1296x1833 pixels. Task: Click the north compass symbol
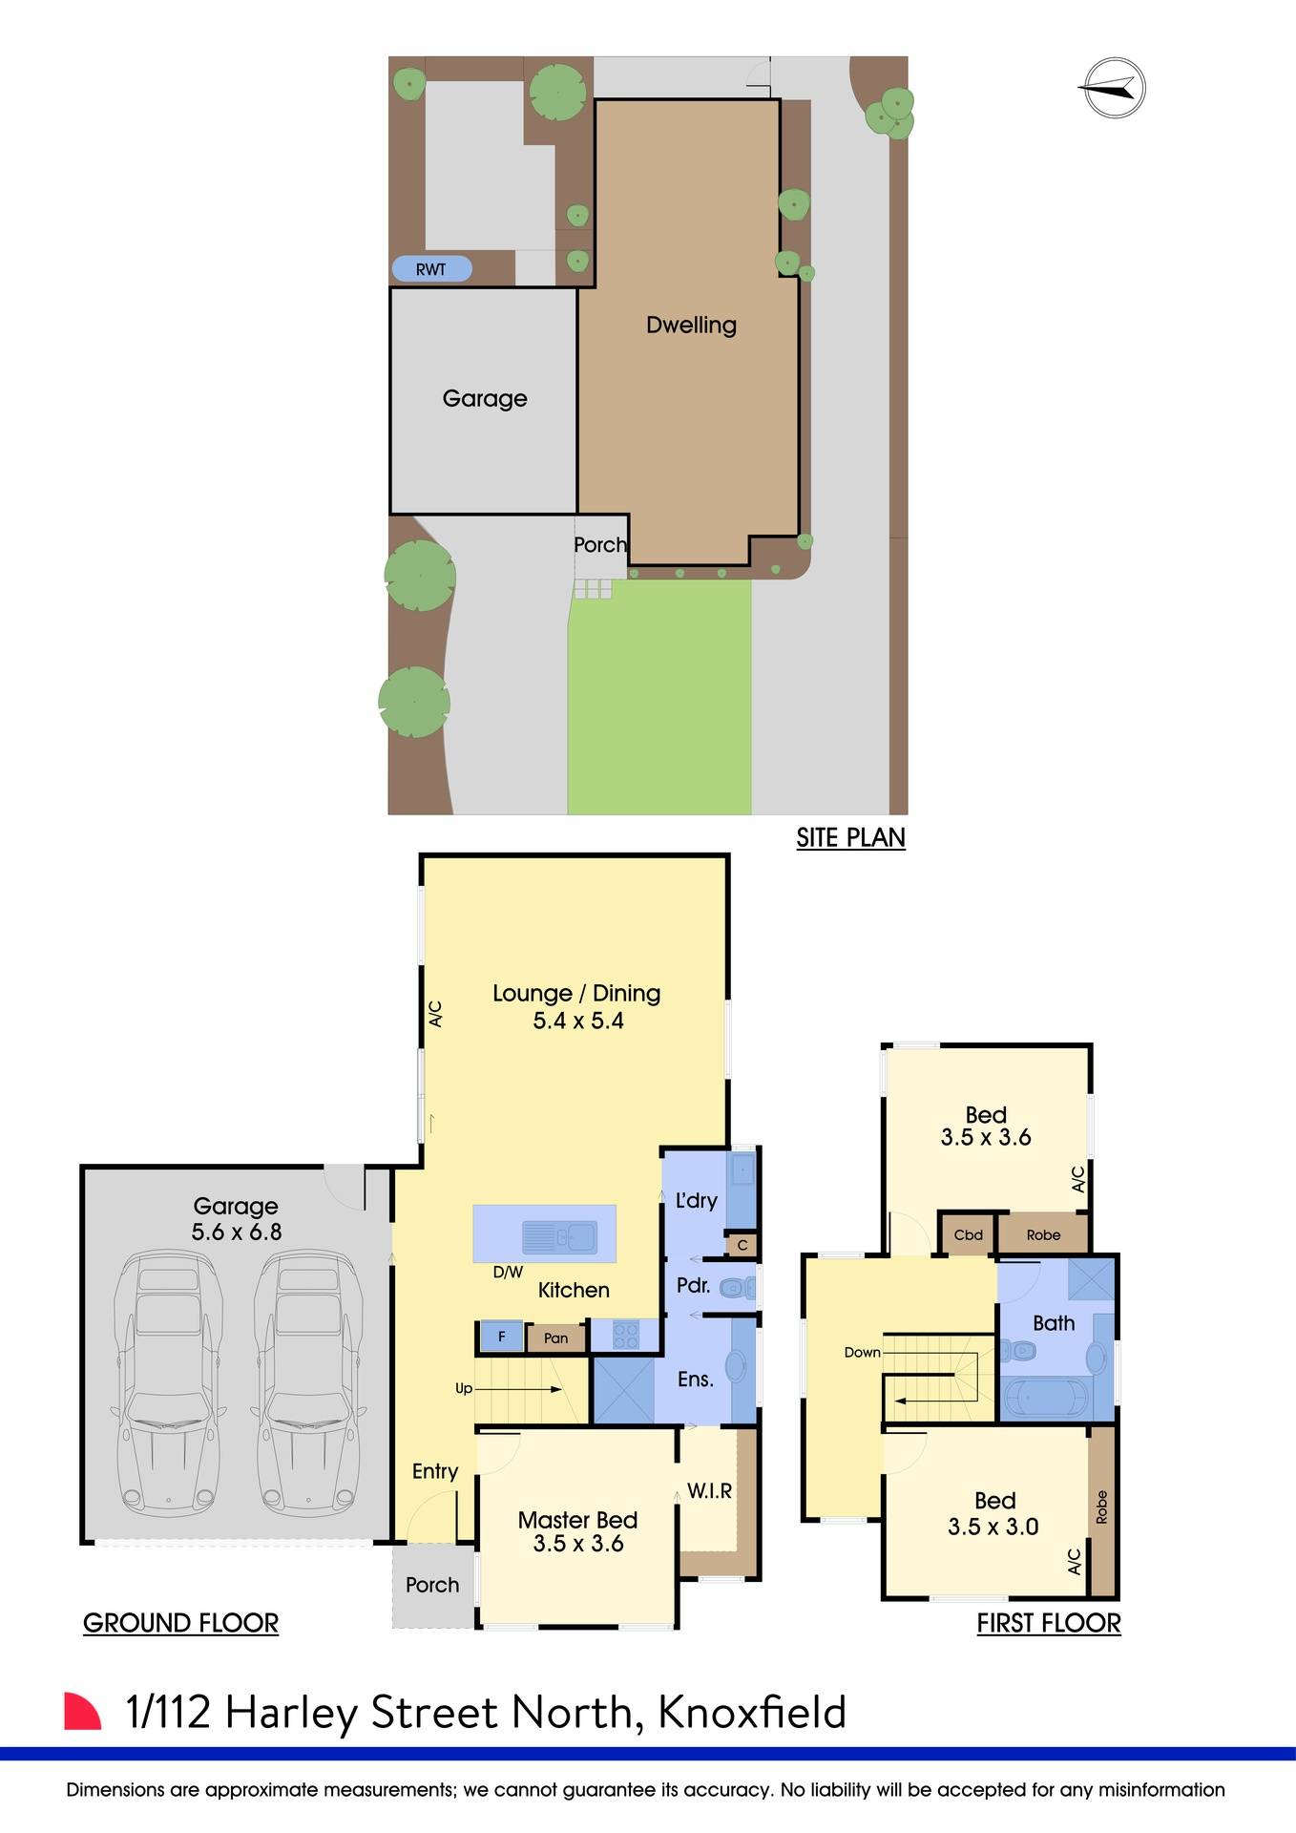[1115, 89]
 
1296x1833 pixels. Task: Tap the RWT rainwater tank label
[431, 269]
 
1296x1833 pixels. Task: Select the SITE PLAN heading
[850, 837]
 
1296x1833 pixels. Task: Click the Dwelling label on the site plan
[691, 325]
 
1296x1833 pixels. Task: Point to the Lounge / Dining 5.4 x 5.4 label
[577, 1006]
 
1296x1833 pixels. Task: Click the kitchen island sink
[559, 1238]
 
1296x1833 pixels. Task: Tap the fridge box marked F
[501, 1337]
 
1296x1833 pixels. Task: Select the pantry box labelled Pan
[555, 1338]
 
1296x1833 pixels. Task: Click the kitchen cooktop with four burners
[625, 1334]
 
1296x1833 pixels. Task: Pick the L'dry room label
[696, 1200]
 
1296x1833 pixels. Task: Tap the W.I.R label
[709, 1490]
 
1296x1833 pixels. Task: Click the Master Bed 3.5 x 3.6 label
[577, 1531]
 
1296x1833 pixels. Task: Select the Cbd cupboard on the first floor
[968, 1234]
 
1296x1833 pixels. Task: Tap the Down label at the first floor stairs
[862, 1352]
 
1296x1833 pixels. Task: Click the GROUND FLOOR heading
[180, 1623]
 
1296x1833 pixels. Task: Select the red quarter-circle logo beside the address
[82, 1711]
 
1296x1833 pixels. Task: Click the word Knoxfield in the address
[752, 1712]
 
